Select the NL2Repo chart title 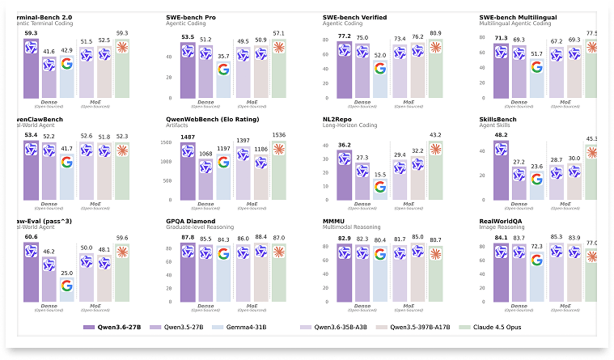[339, 119]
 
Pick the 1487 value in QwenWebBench [188, 137]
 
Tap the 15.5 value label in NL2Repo [379, 175]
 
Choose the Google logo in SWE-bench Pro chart [223, 70]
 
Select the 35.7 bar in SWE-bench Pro [223, 81]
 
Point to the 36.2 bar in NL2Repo [344, 174]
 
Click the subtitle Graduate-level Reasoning [201, 227]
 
